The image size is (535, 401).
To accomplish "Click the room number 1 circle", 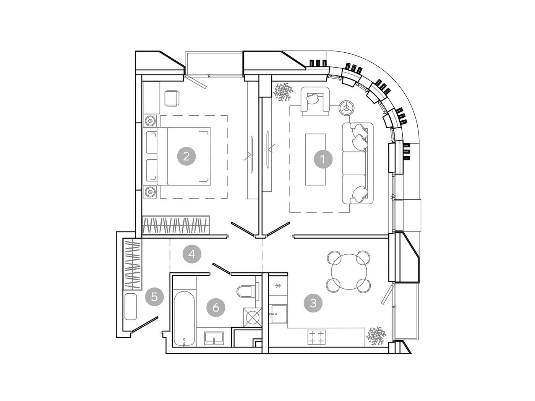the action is point(323,160).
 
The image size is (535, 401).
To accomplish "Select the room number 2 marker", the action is point(186,156).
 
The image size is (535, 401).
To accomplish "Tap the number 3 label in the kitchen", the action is point(313,303).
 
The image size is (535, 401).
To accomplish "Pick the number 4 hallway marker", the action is point(192,254).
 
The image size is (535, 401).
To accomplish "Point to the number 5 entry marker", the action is point(154,297).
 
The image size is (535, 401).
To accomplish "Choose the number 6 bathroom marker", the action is point(216,308).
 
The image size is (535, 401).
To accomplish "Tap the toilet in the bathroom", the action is point(247,291).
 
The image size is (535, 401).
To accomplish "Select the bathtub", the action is point(184,319).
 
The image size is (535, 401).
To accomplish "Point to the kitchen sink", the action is point(279,314).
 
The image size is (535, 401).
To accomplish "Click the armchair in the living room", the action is point(315,101).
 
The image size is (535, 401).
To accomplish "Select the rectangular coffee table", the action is point(315,160).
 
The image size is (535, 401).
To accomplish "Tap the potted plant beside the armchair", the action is point(283,92).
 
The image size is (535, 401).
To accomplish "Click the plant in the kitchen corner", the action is point(376,336).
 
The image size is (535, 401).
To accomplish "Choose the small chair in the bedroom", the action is point(172,98).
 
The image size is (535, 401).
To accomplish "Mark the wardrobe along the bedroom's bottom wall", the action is point(176,225).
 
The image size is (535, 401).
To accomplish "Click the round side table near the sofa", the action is point(346,107).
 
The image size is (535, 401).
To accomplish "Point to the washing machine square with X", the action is point(253,317).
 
